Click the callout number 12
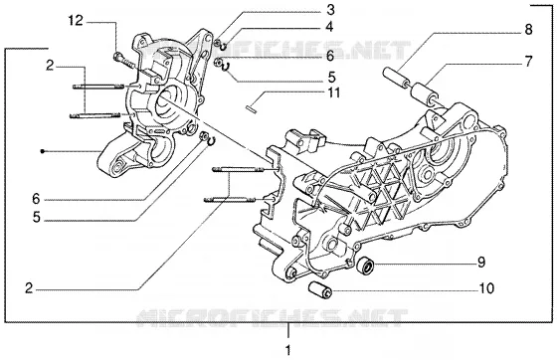coord(76,21)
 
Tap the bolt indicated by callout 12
coord(123,61)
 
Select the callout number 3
coord(330,10)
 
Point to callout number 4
coord(329,27)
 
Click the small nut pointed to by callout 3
coord(217,44)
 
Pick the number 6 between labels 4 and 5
coord(330,56)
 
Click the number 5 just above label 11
coord(332,77)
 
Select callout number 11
coord(334,92)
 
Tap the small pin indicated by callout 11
coord(251,108)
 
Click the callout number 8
coord(528,30)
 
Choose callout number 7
coord(529,62)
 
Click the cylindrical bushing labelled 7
coord(425,93)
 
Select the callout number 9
coord(481,263)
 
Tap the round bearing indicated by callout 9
coord(366,266)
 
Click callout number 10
coord(486,288)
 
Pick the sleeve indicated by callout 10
coord(319,289)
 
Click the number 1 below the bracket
coord(288,350)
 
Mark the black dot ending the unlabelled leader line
coord(42,151)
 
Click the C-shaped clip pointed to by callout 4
coord(224,47)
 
